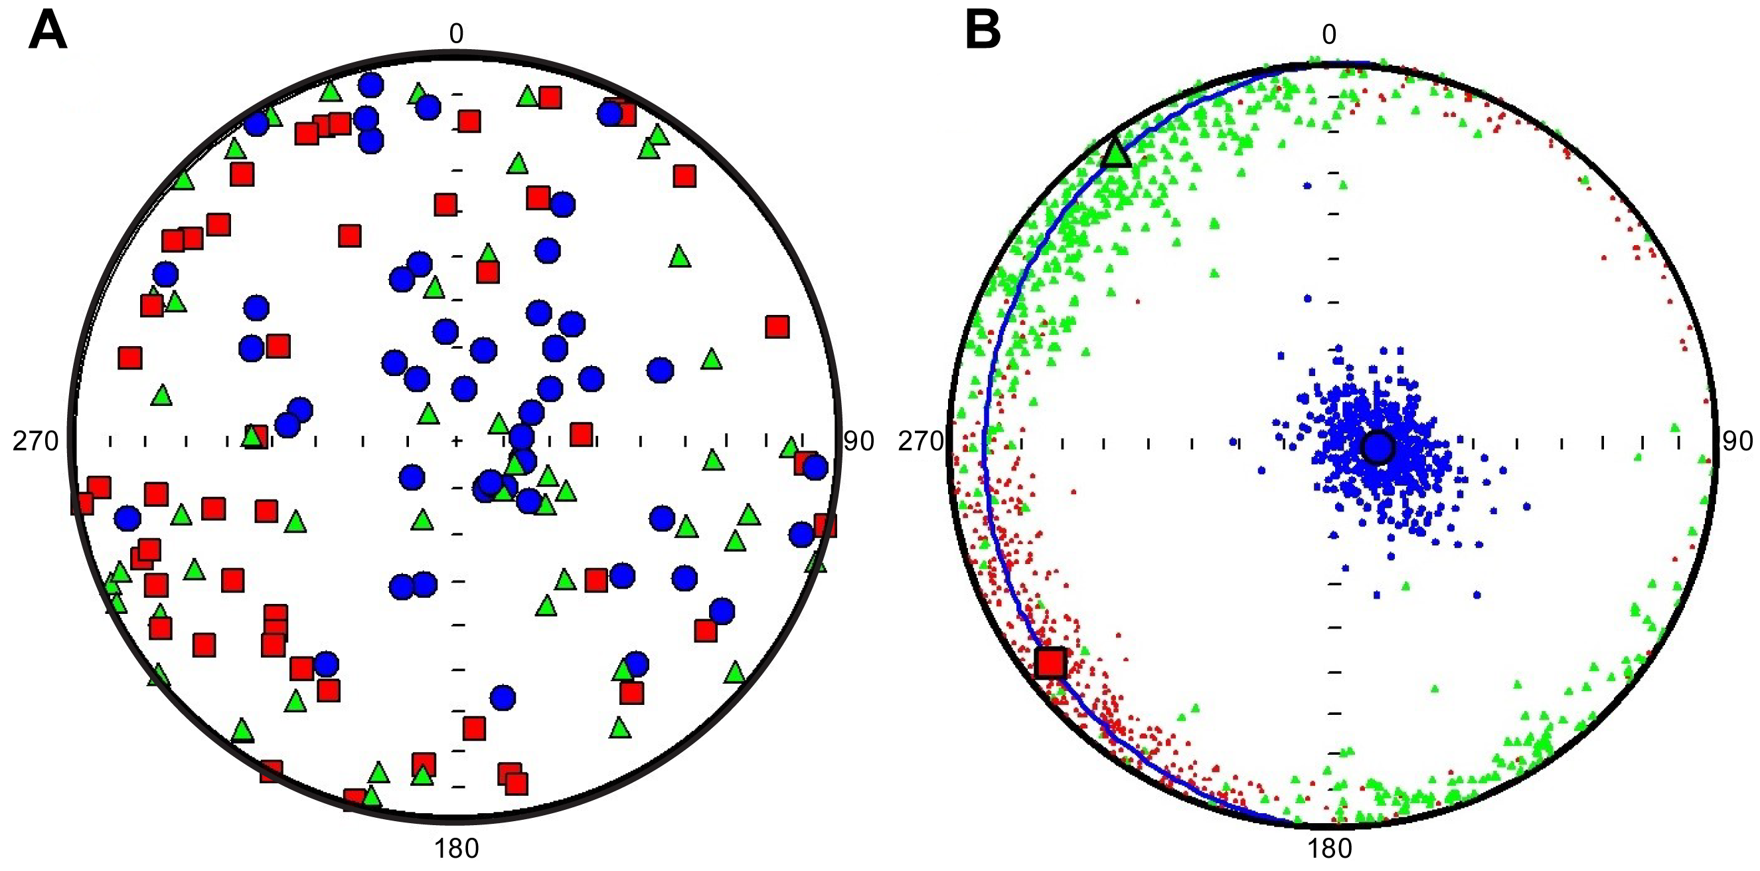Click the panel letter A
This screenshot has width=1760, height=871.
click(x=47, y=31)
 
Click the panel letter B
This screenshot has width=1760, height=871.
click(x=983, y=31)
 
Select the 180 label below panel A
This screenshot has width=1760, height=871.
click(x=455, y=848)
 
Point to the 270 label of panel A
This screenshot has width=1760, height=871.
click(x=36, y=442)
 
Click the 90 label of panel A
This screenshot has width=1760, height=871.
click(x=859, y=442)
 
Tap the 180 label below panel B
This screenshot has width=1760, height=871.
click(x=1330, y=848)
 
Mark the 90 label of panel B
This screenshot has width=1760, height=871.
click(x=1737, y=442)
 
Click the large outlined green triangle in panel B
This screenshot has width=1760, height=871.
click(x=1117, y=152)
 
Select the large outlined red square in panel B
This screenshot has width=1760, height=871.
click(x=1051, y=662)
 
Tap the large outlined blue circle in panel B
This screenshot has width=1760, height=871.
click(x=1377, y=448)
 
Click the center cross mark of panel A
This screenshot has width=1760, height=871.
click(x=456, y=442)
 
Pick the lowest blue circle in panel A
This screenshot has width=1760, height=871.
click(x=503, y=698)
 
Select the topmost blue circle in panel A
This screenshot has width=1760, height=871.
click(x=371, y=86)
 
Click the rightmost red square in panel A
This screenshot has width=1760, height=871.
click(x=825, y=526)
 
